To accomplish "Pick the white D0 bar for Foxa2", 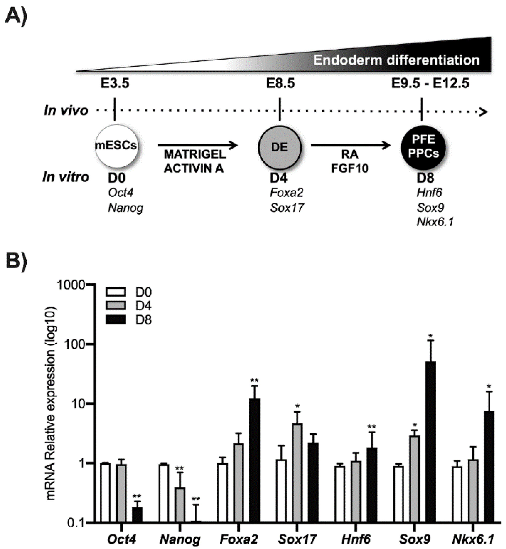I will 222,493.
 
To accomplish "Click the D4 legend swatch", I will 116,306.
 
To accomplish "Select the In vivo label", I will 66,111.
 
